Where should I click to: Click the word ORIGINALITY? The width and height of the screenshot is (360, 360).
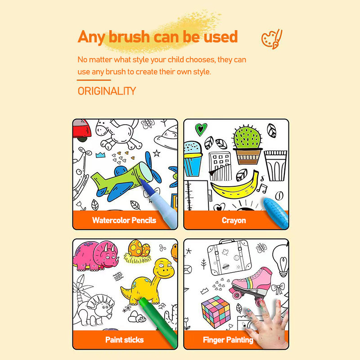point(107,91)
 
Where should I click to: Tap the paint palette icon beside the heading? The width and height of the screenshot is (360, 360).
point(272,39)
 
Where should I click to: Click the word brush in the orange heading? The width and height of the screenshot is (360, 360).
point(129,37)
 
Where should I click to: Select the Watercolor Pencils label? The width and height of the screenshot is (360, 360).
point(124,220)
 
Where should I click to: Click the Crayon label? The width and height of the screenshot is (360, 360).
point(234,220)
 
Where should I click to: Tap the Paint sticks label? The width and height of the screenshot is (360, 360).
point(125,340)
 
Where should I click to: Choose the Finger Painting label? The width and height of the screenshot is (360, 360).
point(228,340)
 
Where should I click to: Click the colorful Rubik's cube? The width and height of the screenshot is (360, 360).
point(216,312)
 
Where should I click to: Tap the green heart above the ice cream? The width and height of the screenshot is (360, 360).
point(201,129)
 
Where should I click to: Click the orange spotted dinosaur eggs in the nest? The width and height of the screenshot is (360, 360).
point(139,249)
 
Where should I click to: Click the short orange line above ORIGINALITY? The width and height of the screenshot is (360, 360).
point(94,80)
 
